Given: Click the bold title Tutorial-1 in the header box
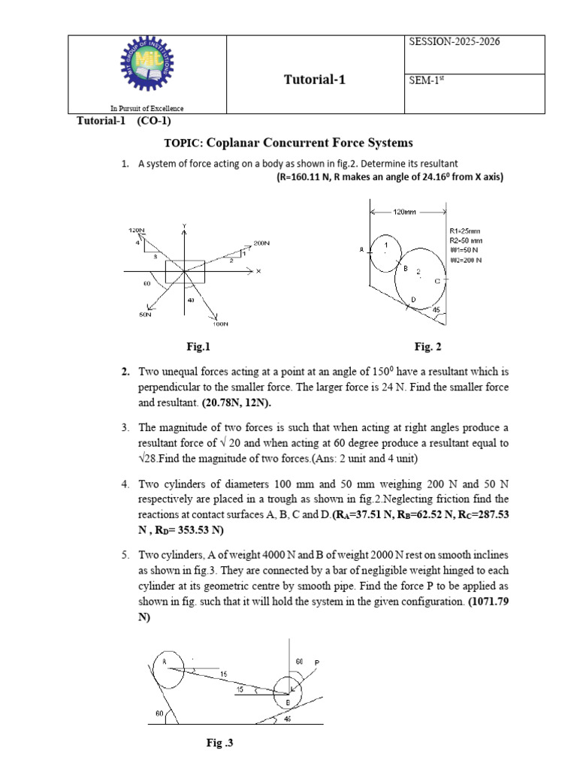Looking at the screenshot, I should coord(315,80).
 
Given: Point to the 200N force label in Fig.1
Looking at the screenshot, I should coord(261,243).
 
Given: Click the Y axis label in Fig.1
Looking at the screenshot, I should coord(184,226).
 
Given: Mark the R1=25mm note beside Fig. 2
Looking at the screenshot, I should coord(467,231).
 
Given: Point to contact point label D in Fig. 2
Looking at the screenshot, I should coord(412,300).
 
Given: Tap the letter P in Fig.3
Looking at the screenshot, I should coord(316,663).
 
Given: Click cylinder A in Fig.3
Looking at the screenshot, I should coord(166,668).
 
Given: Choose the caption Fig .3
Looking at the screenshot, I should coord(221,743).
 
